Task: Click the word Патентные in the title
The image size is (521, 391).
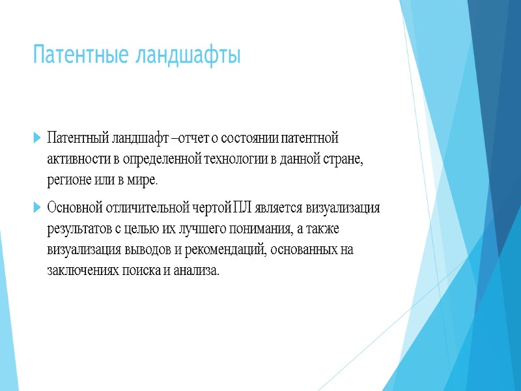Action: point(81,55)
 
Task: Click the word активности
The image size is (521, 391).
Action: point(74,160)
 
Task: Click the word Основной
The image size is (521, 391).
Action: point(72,209)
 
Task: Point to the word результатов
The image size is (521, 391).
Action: point(77,229)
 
